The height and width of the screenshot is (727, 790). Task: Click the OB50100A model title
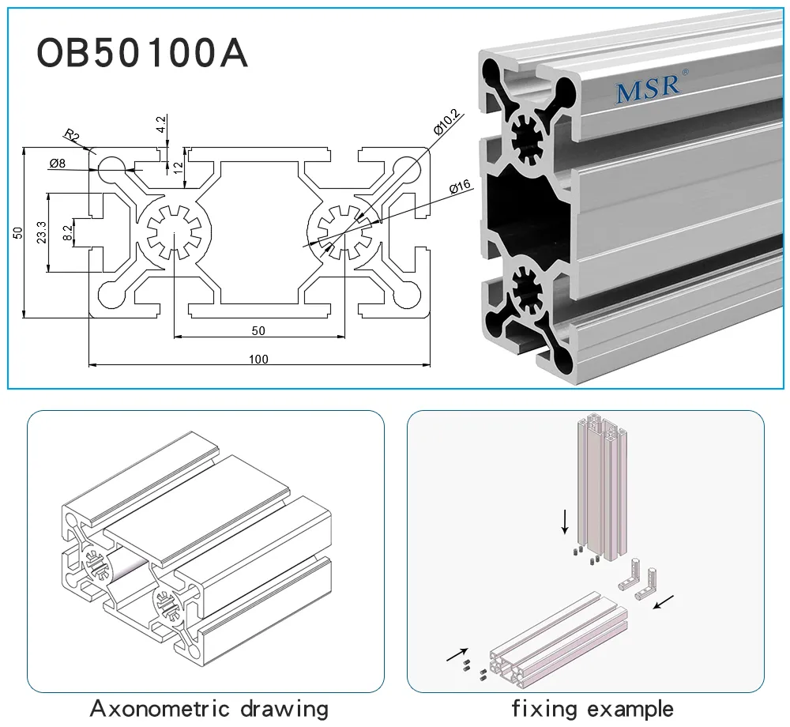[x=142, y=54]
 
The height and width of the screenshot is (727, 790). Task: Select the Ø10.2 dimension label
[x=447, y=122]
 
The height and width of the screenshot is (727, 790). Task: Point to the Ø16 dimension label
[x=459, y=187]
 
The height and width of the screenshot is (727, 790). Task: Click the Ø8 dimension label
[x=57, y=164]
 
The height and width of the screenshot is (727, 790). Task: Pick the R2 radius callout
[x=73, y=136]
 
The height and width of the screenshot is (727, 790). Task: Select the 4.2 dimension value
[x=161, y=124]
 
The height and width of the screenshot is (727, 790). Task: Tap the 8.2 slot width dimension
[x=67, y=232]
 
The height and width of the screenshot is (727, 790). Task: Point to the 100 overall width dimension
[x=258, y=360]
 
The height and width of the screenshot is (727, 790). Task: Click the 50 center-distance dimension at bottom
[x=258, y=330]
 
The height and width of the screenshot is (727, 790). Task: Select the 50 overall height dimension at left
[x=17, y=232]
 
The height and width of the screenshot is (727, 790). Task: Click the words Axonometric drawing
[x=209, y=707]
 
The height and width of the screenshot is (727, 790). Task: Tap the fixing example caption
[x=592, y=707]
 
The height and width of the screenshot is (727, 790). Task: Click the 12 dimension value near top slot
[x=179, y=168]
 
